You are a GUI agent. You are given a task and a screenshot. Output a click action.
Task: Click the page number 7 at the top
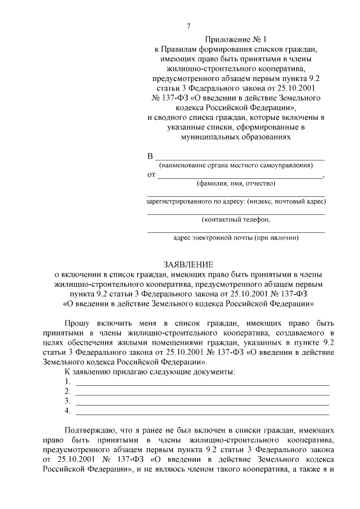coord(189,26)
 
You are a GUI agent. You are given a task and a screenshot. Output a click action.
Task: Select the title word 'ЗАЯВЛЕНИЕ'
coord(188,264)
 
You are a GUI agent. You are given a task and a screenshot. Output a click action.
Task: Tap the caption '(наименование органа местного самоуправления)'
coord(236,165)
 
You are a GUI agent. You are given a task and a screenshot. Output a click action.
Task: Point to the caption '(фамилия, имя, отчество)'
coord(236,183)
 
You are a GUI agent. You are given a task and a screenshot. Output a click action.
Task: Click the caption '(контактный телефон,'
coord(236,219)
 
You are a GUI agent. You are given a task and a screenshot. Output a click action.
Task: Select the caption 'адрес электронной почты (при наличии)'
coord(236,237)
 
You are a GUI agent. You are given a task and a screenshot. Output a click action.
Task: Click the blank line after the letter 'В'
coord(239,159)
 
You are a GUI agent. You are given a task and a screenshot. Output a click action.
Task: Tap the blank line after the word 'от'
coord(240,177)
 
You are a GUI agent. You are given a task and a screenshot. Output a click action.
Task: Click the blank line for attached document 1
coord(202,385)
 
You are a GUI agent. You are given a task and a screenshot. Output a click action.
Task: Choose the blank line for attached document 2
coord(202,394)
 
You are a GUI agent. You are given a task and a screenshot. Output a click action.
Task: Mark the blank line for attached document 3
coord(202,404)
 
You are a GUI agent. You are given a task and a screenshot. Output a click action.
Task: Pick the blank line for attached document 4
coord(202,413)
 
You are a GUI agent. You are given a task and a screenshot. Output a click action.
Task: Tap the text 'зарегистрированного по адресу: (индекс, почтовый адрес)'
coord(236,201)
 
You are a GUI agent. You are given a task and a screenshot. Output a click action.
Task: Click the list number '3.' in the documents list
coord(67,401)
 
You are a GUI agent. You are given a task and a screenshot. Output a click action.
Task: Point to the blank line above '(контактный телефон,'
coord(236,214)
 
